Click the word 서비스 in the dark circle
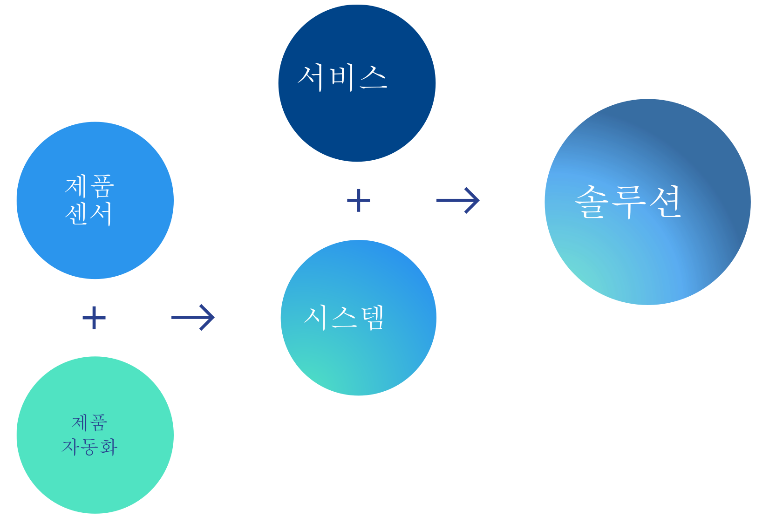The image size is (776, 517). pos(342,77)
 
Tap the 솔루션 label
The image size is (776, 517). pos(628,202)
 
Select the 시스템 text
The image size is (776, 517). pos(344,318)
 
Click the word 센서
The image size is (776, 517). pos(89,214)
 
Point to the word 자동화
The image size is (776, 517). pos(89,447)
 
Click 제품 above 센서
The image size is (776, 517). pos(89,186)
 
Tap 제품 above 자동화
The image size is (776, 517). pos(89,422)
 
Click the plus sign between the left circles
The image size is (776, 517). pos(94,318)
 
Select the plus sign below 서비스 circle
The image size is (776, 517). pos(359,200)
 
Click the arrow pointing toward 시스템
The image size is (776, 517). pos(193,318)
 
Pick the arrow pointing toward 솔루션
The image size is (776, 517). pos(458,200)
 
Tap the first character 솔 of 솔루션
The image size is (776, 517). pos(592,202)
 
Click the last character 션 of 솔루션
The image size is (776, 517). pos(666,202)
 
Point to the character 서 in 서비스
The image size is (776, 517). pos(311,77)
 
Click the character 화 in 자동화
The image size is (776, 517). pos(108,447)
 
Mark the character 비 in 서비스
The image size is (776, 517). pos(343,77)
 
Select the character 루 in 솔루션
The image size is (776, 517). pos(629,202)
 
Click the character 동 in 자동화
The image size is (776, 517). pos(90,447)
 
